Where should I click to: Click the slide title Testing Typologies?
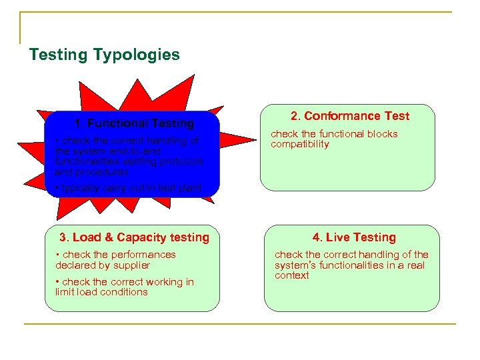tap(104, 55)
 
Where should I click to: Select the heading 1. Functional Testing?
tap(134, 123)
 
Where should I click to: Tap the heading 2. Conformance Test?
tap(350, 116)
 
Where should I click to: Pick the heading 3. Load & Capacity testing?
tap(134, 237)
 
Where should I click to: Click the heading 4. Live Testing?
tap(354, 237)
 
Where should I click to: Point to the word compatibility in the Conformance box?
tap(299, 144)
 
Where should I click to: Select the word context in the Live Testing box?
tap(291, 275)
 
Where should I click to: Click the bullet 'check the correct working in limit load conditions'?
tap(124, 287)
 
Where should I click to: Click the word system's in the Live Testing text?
tap(299, 265)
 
